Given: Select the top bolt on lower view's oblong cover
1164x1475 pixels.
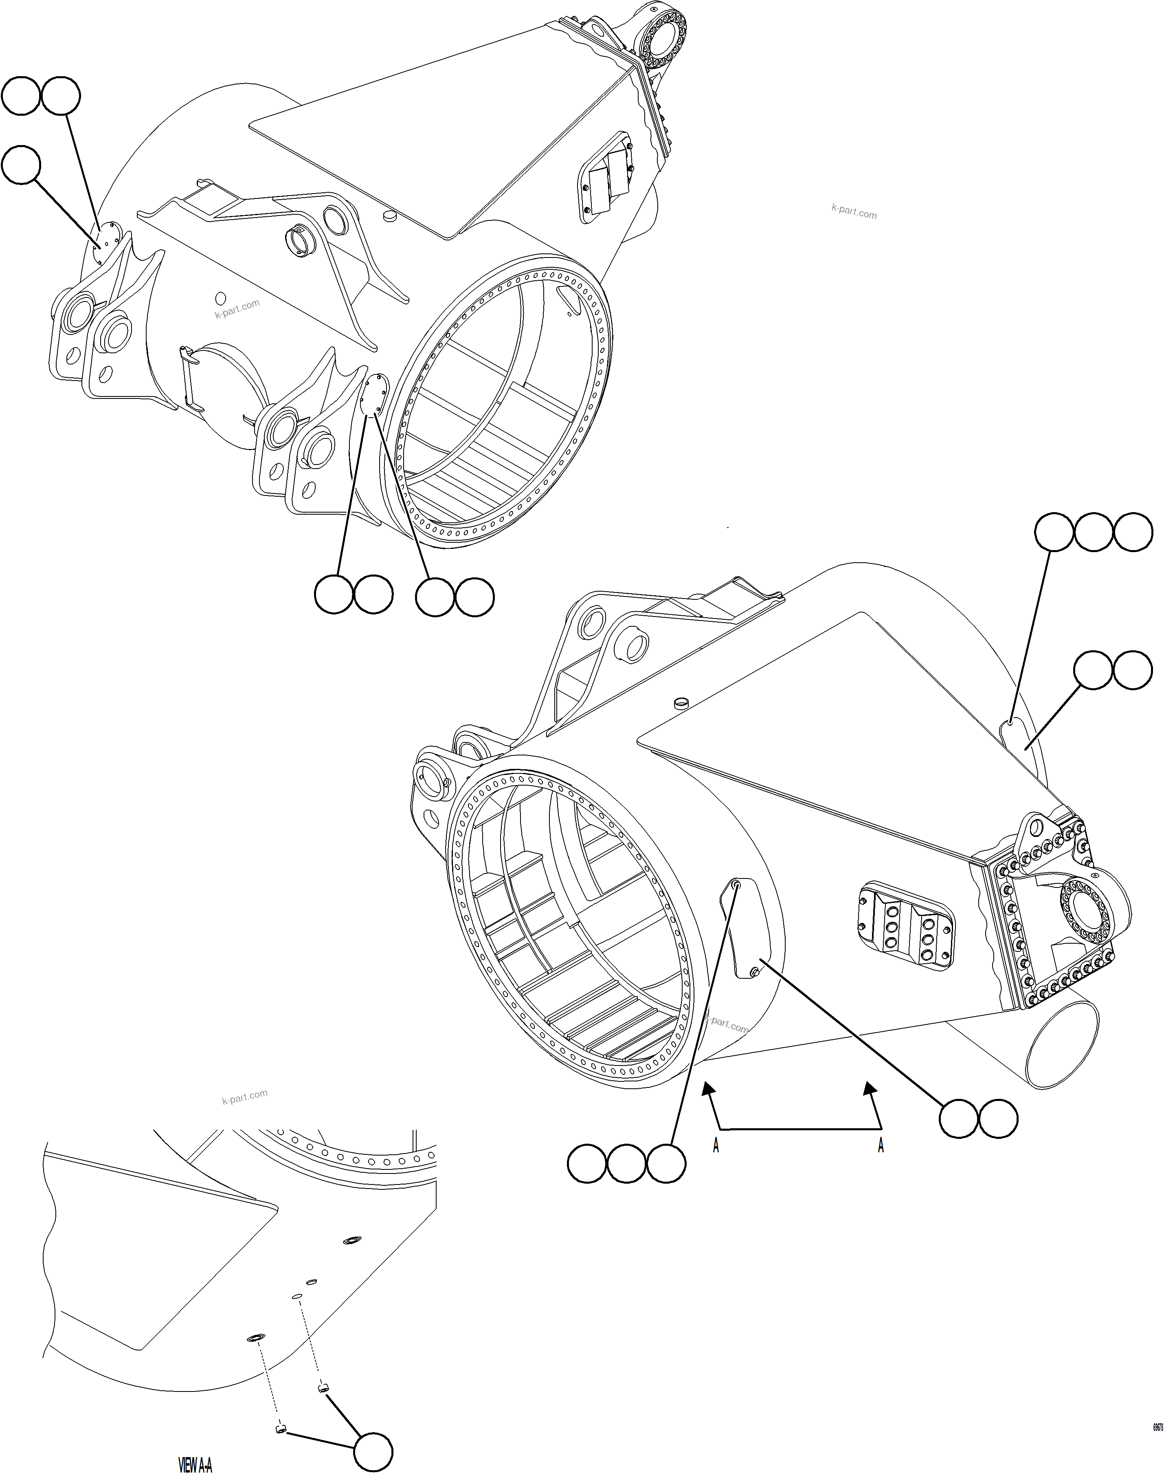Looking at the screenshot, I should pyautogui.click(x=737, y=884).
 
